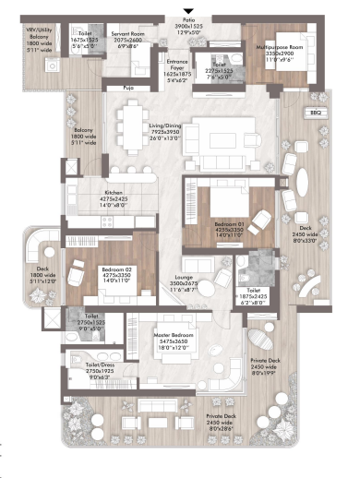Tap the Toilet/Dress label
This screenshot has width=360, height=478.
pyautogui.click(x=88, y=365)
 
